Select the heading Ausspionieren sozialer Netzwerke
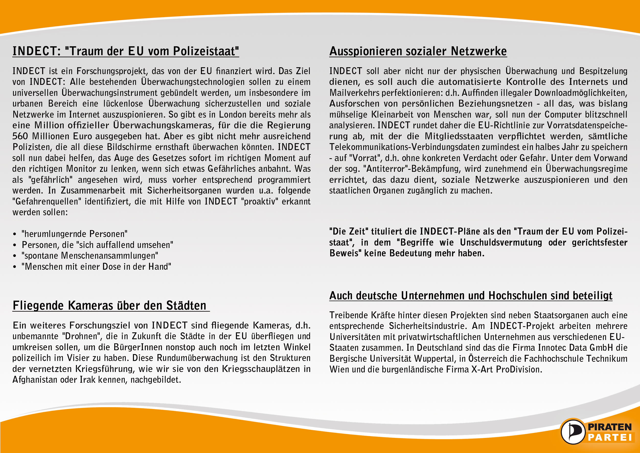418,51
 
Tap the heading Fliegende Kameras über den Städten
110,306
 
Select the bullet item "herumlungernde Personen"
74,234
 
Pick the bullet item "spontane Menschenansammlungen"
90,255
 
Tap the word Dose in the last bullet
111,267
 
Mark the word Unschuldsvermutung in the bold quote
501,242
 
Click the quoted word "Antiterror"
386,169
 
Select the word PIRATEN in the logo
610,427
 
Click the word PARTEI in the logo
610,437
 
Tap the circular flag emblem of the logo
573,432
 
